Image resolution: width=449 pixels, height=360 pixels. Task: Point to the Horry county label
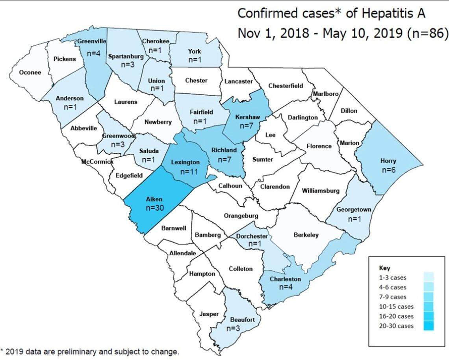click(x=388, y=161)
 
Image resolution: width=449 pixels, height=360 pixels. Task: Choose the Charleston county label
click(x=285, y=279)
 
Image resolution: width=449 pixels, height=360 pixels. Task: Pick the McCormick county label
click(x=97, y=161)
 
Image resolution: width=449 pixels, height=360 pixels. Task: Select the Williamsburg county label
click(x=320, y=191)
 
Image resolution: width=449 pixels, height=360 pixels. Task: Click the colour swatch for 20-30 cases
click(x=429, y=326)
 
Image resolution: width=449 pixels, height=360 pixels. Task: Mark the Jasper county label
click(x=209, y=314)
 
